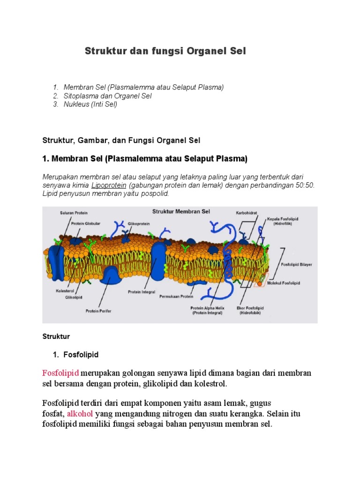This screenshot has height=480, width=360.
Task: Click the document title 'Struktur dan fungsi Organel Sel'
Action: pyautogui.click(x=165, y=51)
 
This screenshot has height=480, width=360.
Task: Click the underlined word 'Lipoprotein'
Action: pyautogui.click(x=108, y=185)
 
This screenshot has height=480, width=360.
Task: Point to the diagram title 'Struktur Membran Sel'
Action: pyautogui.click(x=181, y=211)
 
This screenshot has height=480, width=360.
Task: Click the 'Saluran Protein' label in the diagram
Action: pyautogui.click(x=74, y=213)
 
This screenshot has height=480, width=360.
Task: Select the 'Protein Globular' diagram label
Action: pyautogui.click(x=86, y=224)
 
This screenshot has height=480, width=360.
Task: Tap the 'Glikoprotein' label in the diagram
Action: pyautogui.click(x=139, y=224)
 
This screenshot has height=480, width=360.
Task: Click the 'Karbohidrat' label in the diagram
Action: pyautogui.click(x=247, y=212)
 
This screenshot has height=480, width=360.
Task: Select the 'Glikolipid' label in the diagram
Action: pyautogui.click(x=74, y=296)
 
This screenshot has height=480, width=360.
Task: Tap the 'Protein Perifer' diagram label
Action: pyautogui.click(x=98, y=310)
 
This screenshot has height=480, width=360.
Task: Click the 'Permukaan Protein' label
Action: pyautogui.click(x=176, y=296)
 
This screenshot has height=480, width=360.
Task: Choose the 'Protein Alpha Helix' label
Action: pyautogui.click(x=207, y=308)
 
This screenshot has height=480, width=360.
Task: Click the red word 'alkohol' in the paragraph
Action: pyautogui.click(x=80, y=413)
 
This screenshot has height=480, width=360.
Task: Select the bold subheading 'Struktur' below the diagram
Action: pyautogui.click(x=56, y=337)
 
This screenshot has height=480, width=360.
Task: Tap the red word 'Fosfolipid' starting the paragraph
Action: pyautogui.click(x=61, y=373)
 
